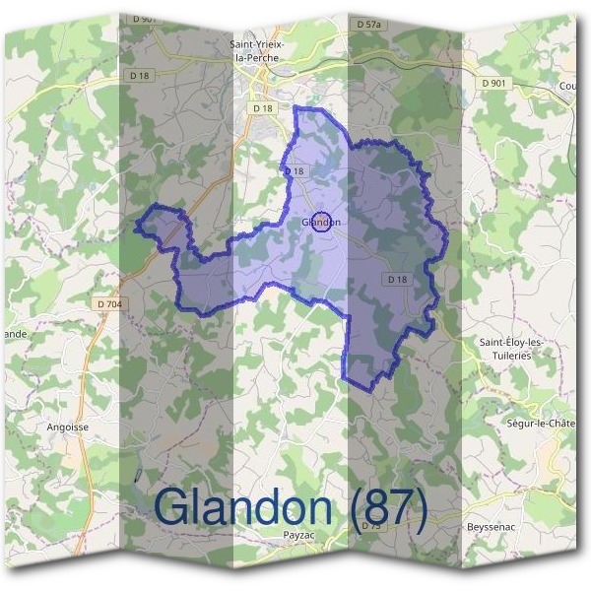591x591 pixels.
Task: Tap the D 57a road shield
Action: (x=368, y=23)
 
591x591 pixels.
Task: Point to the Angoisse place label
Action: (x=68, y=427)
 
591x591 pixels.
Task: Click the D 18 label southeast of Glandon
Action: (x=397, y=280)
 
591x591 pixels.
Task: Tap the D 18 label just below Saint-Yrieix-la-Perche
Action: (x=262, y=107)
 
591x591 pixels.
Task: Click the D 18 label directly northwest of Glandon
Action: (x=295, y=170)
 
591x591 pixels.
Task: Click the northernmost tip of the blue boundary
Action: (x=295, y=106)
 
